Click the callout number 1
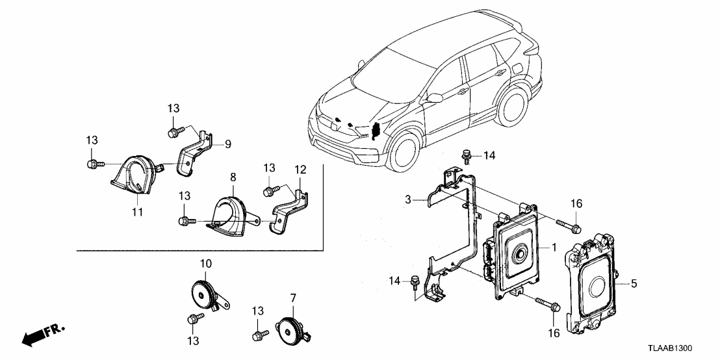(554, 248)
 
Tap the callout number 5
(634, 283)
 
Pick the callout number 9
(227, 144)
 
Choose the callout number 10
(205, 263)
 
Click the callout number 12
(300, 170)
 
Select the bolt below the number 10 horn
(193, 318)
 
